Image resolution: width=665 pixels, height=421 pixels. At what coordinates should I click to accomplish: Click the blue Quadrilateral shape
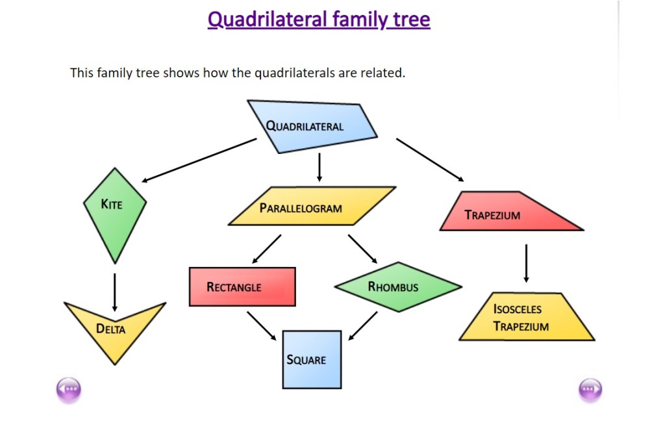312,127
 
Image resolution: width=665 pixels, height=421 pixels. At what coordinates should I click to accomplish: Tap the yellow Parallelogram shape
310,207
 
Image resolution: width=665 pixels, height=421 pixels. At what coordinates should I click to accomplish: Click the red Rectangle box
242,287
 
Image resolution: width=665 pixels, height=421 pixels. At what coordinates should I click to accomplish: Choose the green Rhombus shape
397,287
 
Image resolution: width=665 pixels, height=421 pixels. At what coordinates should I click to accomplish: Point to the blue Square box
312,359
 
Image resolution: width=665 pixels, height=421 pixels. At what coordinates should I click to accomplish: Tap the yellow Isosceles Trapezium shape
525,318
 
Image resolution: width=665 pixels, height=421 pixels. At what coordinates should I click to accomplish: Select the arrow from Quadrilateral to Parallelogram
319,167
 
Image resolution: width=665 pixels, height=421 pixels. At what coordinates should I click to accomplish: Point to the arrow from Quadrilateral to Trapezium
431,160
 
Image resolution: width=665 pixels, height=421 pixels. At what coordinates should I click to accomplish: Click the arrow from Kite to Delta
114,292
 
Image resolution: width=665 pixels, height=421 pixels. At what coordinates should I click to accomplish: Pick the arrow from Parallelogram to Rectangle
266,249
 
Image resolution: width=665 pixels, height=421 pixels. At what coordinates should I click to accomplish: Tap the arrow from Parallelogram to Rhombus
362,249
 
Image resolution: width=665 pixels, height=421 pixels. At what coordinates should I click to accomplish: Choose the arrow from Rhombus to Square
363,325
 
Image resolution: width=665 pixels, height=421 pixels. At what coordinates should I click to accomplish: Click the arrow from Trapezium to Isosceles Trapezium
526,263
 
